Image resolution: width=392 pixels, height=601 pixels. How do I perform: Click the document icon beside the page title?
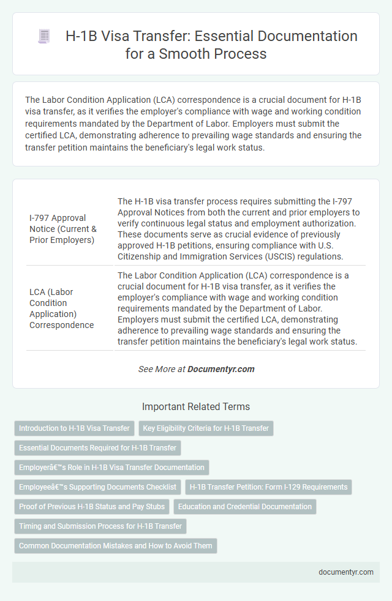[x=43, y=36]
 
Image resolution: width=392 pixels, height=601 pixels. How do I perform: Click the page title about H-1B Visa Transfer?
[x=211, y=45]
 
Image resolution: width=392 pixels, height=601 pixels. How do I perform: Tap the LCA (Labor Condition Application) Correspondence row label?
[x=61, y=308]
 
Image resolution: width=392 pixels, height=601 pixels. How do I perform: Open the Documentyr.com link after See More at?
[x=221, y=369]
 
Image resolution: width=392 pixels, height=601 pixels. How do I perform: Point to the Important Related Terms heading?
[x=196, y=406]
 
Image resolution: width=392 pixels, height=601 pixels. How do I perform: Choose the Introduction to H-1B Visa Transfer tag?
[x=74, y=428]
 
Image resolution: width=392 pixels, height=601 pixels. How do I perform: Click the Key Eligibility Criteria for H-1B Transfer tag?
[x=206, y=428]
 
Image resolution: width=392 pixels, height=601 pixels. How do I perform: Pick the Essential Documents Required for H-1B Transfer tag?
[x=97, y=448]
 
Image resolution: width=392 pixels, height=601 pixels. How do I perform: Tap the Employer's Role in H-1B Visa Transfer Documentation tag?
[x=111, y=468]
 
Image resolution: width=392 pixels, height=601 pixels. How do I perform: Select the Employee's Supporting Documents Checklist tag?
[x=97, y=487]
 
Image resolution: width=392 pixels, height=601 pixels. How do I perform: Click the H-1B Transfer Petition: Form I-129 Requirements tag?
[x=268, y=487]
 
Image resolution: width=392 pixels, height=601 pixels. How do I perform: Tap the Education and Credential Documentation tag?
[x=244, y=507]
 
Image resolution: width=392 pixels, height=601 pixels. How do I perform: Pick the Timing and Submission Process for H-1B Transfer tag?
[x=100, y=526]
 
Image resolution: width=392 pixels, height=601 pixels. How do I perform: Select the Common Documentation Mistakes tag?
[x=115, y=546]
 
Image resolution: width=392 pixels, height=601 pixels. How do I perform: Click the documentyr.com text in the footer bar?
[x=346, y=572]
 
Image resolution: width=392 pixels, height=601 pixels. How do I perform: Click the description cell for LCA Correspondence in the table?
[x=239, y=308]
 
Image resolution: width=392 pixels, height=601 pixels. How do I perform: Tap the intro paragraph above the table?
[x=196, y=122]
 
